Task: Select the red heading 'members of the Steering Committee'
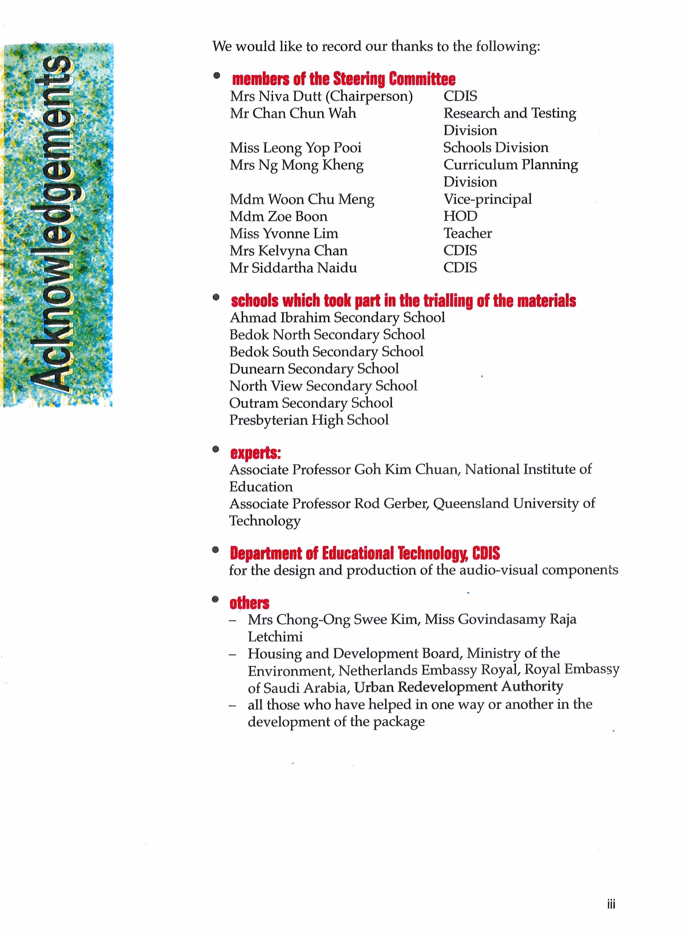[x=343, y=79]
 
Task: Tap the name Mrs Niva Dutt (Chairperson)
[x=321, y=96]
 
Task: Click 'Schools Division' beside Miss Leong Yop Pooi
[x=496, y=148]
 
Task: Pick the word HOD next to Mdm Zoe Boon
[x=460, y=216]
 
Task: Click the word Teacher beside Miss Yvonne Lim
[x=467, y=233]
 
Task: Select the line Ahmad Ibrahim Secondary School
[x=337, y=318]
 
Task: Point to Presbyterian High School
[x=309, y=420]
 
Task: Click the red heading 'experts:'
[x=255, y=453]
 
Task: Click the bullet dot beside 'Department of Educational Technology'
[x=215, y=550]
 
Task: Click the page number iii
[x=611, y=905]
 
